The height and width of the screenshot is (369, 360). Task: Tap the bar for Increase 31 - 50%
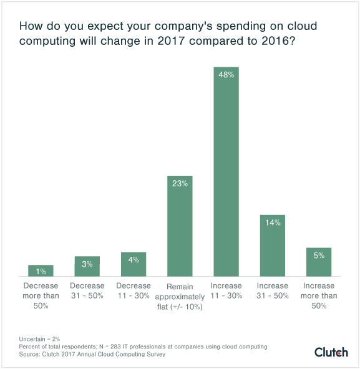tap(272, 246)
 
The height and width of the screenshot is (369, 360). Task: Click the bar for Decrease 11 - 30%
tap(134, 264)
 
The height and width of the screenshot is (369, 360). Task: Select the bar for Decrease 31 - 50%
tap(87, 266)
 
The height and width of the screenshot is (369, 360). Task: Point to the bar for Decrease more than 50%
tap(41, 271)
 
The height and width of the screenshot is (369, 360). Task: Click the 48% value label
tap(226, 74)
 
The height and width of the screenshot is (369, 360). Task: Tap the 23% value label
tap(180, 183)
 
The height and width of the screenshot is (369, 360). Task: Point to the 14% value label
tap(272, 223)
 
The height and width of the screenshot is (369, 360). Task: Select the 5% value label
tap(319, 255)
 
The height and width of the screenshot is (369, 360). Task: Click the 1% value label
tap(41, 271)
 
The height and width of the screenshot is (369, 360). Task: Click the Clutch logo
tap(331, 352)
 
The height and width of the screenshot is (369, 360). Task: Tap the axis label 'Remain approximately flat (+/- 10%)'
tap(180, 296)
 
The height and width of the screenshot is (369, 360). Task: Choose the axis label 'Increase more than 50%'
tap(319, 296)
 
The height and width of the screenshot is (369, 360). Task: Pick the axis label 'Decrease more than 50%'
tap(41, 296)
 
